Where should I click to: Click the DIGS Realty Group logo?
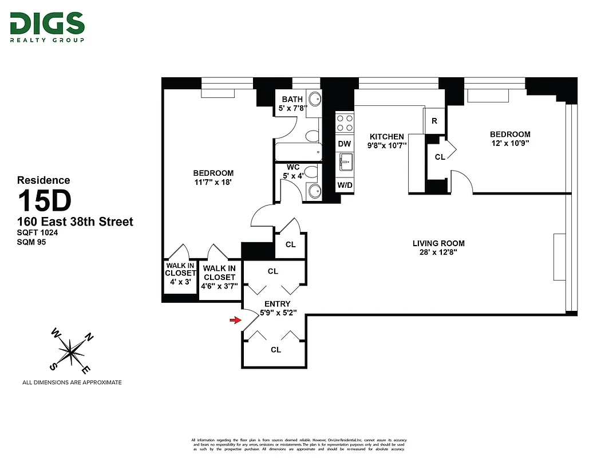pos(47,27)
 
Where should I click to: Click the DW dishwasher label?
pos(344,144)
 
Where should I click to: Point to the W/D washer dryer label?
pos(344,185)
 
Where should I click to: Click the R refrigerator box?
pos(434,121)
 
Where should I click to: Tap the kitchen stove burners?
pos(344,123)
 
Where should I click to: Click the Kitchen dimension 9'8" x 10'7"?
pos(387,145)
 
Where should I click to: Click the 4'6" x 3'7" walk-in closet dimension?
pos(219,286)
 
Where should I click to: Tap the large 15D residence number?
pos(44,201)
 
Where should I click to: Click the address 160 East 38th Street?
pos(75,222)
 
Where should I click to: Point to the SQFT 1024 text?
pos(38,233)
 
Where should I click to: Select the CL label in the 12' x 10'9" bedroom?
pos(440,156)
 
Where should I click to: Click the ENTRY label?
pos(277,303)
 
